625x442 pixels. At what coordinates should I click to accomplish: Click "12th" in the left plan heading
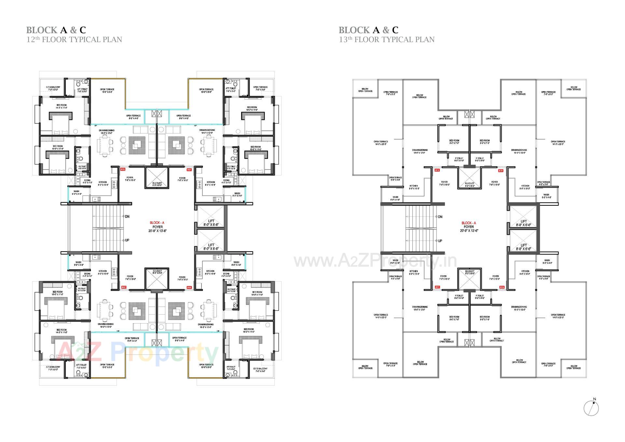(32, 40)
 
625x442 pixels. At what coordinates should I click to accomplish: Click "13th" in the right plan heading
(344, 40)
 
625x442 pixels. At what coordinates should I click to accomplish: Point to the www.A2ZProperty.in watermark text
(375, 261)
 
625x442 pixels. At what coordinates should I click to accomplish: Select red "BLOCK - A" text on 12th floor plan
(157, 223)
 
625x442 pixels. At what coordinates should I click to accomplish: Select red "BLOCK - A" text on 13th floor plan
(469, 223)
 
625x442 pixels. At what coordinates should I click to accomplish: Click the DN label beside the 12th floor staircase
(127, 216)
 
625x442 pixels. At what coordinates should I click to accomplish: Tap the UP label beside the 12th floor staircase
(127, 240)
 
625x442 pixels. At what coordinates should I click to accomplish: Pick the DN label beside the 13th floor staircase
(440, 217)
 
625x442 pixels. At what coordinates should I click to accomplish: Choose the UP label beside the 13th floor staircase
(440, 241)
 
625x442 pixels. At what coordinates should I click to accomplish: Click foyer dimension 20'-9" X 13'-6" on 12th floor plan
(157, 231)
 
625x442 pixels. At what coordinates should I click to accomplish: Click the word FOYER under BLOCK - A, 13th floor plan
(469, 227)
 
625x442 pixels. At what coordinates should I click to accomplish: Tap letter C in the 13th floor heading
(395, 30)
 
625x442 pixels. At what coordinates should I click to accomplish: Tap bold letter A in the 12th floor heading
(64, 30)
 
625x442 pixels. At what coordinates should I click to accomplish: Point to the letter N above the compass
(595, 399)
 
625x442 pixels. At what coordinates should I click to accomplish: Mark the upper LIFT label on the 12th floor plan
(211, 221)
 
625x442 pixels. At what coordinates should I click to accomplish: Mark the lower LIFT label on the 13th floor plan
(523, 245)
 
